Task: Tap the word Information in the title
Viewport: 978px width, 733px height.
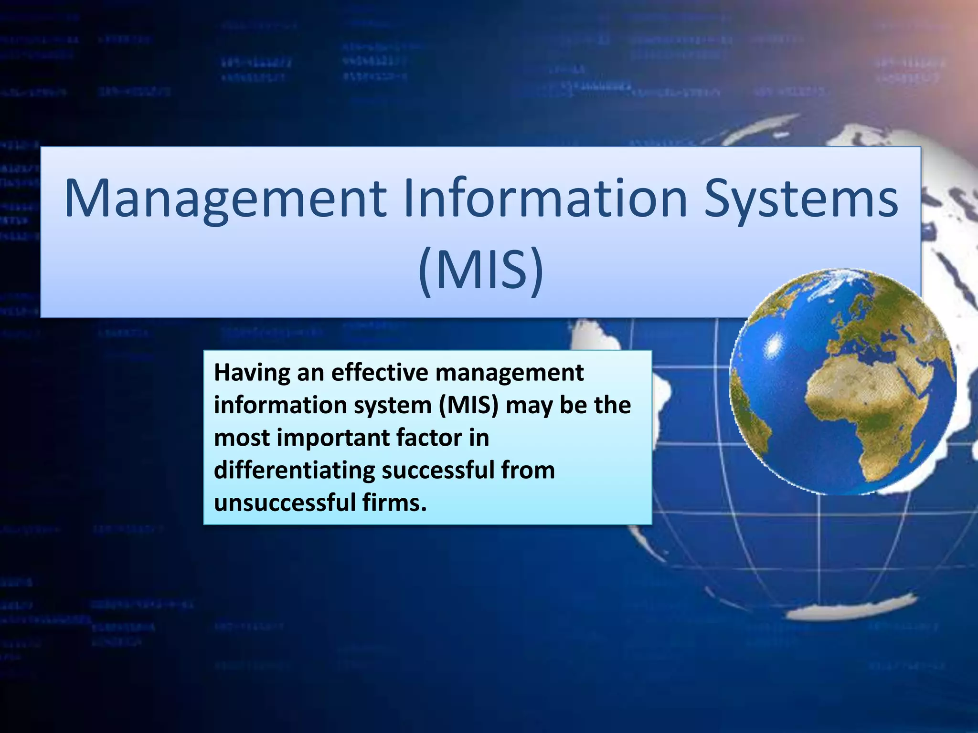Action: tap(545, 198)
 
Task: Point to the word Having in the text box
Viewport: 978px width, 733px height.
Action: tap(252, 373)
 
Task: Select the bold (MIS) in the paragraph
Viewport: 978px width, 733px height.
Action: tap(468, 406)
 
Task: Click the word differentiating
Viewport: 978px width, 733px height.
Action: tap(294, 471)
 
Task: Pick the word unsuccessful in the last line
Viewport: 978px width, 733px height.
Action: tap(285, 503)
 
